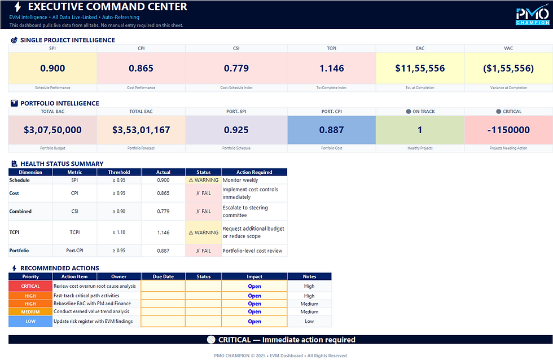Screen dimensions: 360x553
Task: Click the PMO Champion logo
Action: pos(533,16)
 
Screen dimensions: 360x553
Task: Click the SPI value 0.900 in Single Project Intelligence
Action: pos(52,68)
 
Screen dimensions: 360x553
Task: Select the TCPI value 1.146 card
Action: pos(331,68)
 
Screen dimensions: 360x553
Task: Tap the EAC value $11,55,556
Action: pos(420,68)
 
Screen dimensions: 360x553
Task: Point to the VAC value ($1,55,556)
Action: pos(508,68)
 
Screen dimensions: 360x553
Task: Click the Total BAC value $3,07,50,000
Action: pos(52,130)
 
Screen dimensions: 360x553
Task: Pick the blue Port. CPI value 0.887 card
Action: pos(331,130)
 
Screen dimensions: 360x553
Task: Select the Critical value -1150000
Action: pos(508,130)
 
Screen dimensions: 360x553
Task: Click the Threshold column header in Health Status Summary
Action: pos(119,172)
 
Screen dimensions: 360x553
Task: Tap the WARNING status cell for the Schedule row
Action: pos(203,180)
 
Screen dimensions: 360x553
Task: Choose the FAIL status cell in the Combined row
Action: pos(203,212)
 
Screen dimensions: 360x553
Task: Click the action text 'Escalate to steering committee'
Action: pos(245,212)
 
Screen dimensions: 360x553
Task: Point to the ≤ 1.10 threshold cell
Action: pos(119,232)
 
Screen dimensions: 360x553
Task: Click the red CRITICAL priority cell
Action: pos(30,286)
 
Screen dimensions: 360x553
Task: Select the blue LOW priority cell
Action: pos(30,321)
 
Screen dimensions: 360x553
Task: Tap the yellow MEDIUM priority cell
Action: pos(30,311)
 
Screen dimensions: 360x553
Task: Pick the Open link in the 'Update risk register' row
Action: pos(254,322)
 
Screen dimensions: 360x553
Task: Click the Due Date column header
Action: pos(163,276)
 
